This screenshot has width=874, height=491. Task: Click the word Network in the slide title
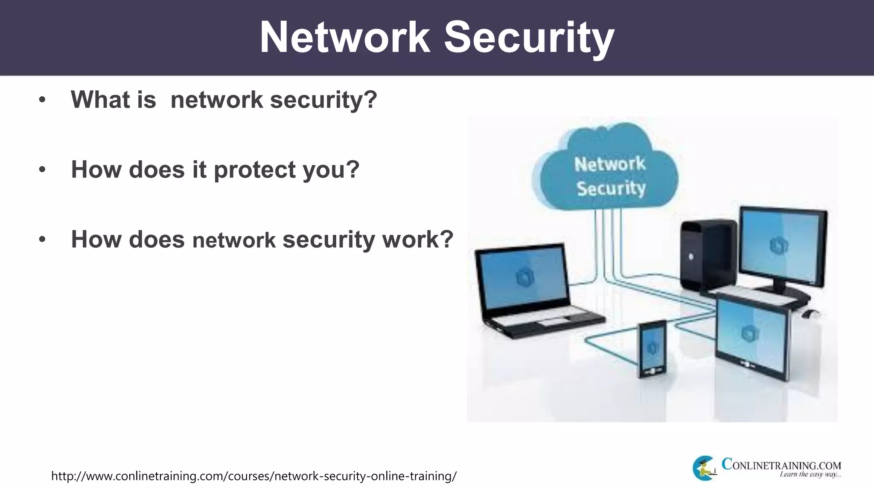tap(345, 38)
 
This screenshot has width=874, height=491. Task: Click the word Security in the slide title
tap(529, 38)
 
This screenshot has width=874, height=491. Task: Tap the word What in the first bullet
tap(101, 100)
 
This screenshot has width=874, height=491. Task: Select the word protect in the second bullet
tap(255, 170)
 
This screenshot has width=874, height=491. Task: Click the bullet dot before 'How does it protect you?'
tap(42, 170)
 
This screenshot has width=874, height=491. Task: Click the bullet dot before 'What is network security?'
tap(42, 100)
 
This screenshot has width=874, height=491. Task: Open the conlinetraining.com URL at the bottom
tap(254, 476)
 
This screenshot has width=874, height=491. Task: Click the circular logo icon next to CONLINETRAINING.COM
tap(704, 468)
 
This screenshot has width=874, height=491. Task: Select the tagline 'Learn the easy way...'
tap(810, 474)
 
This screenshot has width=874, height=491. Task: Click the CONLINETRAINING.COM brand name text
tap(781, 465)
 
